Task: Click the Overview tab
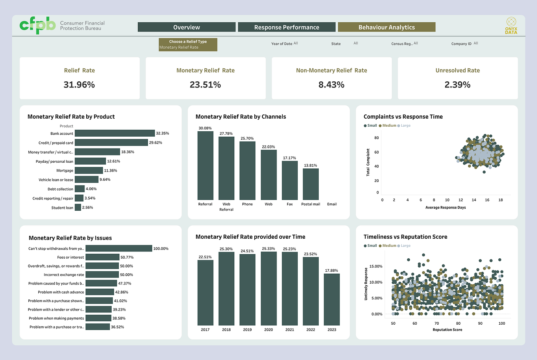pyautogui.click(x=186, y=27)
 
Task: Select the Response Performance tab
pyautogui.click(x=287, y=27)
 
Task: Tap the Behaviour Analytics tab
pyautogui.click(x=387, y=27)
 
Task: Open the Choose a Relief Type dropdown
pyautogui.click(x=188, y=45)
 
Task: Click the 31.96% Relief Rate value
pyautogui.click(x=79, y=85)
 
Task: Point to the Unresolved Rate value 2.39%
pyautogui.click(x=457, y=85)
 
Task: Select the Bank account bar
pyautogui.click(x=115, y=133)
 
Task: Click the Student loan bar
pyautogui.click(x=78, y=207)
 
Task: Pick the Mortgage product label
pyautogui.click(x=65, y=170)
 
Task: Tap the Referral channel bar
pyautogui.click(x=206, y=165)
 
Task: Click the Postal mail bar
pyautogui.click(x=311, y=184)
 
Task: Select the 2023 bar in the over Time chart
pyautogui.click(x=332, y=299)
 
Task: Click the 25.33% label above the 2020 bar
pyautogui.click(x=268, y=248)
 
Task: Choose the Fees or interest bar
pyautogui.click(x=102, y=257)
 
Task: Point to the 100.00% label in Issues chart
pyautogui.click(x=161, y=248)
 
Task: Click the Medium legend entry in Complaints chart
pyautogui.click(x=387, y=126)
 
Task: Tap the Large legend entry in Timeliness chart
pyautogui.click(x=404, y=246)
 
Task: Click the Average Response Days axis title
pyautogui.click(x=446, y=208)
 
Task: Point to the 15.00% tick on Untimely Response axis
pyautogui.click(x=376, y=266)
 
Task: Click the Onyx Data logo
pyautogui.click(x=511, y=26)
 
